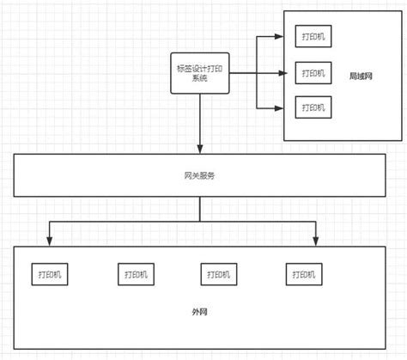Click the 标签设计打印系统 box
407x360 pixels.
(199, 72)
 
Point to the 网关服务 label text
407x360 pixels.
(199, 176)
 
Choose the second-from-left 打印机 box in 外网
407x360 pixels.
(134, 274)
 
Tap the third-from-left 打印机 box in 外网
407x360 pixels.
(220, 274)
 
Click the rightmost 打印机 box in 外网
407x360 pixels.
(303, 274)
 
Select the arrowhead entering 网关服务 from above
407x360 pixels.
(199, 149)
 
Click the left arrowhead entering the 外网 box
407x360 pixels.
(49, 241)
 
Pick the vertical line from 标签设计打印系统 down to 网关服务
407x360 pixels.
(199, 120)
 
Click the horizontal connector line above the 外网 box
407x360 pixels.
(129, 222)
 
